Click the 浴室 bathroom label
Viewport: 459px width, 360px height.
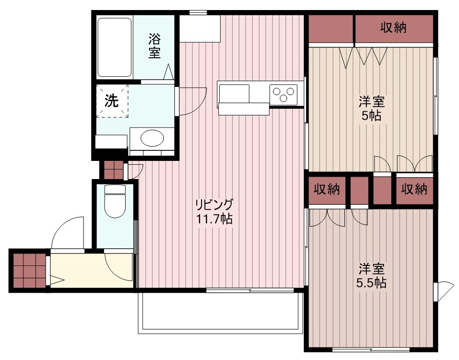[x=154, y=45]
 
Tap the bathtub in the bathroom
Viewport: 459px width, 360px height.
[x=115, y=47]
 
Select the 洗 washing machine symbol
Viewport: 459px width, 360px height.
[x=112, y=101]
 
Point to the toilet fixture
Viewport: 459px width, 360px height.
[x=115, y=201]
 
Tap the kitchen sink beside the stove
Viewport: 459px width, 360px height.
[x=234, y=93]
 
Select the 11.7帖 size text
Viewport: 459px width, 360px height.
[x=214, y=220]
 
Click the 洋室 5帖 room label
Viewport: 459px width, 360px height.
[x=372, y=108]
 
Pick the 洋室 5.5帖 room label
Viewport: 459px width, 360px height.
[x=371, y=275]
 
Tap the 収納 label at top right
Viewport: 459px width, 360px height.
[x=393, y=28]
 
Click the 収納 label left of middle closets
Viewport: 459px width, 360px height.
[x=326, y=190]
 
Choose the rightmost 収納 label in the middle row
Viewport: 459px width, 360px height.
[x=414, y=190]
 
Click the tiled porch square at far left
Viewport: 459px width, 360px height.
[x=28, y=270]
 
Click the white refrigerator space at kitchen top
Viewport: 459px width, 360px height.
[x=200, y=29]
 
